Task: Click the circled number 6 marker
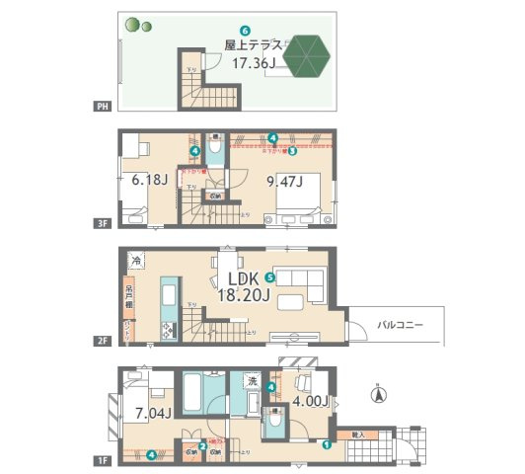pos(245,32)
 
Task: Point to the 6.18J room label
pos(150,181)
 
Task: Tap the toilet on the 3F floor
pos(216,148)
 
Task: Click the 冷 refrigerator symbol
pos(135,259)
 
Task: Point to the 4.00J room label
pos(308,401)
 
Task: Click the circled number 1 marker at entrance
pos(325,443)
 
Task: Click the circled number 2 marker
pos(203,444)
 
